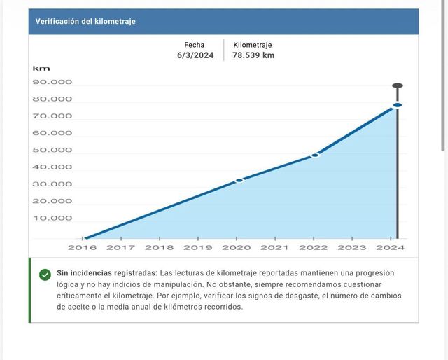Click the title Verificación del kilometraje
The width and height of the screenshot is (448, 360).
coord(85,21)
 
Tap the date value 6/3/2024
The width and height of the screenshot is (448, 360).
coord(195,55)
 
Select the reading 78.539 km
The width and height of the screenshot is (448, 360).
coord(254,55)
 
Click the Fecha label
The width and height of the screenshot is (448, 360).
coord(195,45)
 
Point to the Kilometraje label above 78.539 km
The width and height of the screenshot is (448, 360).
coord(253,45)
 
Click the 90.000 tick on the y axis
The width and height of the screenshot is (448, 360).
coord(52,82)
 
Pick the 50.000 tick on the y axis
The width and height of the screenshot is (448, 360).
coord(52,150)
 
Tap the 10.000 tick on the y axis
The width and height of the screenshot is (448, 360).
coord(52,218)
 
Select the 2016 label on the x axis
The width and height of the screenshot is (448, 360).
coord(82,247)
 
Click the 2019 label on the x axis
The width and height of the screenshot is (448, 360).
coord(197,247)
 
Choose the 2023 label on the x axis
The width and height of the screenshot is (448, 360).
coord(351,247)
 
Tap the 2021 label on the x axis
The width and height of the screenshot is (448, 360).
coord(274,247)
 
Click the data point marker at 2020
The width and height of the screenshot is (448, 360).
coord(239,180)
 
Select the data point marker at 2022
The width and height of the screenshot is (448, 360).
coord(315,155)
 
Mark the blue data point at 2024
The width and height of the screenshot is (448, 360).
coord(397,105)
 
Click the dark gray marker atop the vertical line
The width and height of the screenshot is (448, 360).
coord(397,86)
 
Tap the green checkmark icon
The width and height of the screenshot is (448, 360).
coord(45,275)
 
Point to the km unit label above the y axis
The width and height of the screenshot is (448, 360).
coord(41,69)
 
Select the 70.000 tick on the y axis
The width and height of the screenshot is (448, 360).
coord(52,116)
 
